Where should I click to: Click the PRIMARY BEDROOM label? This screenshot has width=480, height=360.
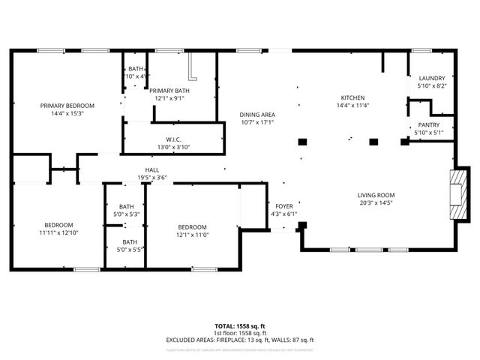click(67, 106)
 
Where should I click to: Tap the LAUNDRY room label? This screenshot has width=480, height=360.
click(431, 78)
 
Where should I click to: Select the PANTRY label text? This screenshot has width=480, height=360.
click(429, 125)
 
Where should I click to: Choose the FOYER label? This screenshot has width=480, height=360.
click(283, 205)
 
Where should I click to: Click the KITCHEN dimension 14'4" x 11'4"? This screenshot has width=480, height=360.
click(352, 106)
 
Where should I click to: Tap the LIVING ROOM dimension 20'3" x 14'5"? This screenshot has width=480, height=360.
click(376, 202)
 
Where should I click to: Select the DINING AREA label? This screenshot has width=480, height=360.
click(257, 114)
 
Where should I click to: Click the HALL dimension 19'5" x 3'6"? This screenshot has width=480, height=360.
click(151, 178)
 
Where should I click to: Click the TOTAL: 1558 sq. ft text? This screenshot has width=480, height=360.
click(240, 326)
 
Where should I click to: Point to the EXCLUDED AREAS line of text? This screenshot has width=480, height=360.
click(240, 340)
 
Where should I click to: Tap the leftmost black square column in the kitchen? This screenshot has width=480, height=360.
click(302, 141)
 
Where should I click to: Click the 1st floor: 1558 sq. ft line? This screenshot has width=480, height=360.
click(240, 333)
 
